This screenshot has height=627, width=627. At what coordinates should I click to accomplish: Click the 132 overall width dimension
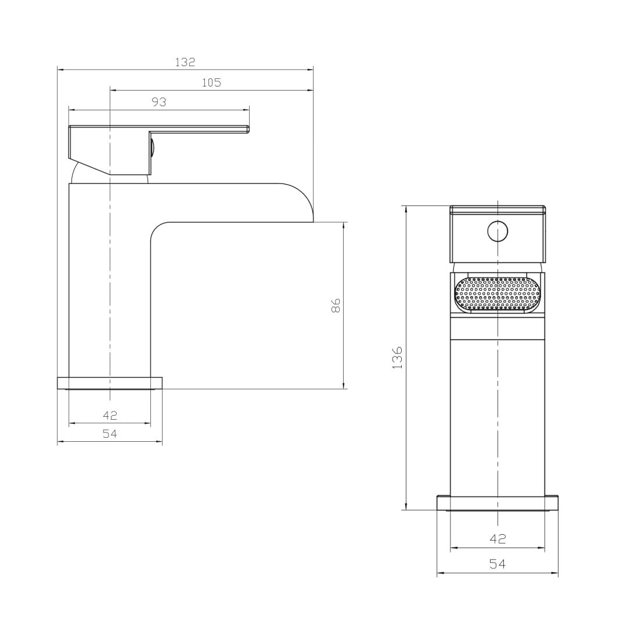[185, 62]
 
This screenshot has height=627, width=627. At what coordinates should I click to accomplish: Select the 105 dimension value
[211, 83]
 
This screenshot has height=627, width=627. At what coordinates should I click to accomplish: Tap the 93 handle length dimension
[158, 102]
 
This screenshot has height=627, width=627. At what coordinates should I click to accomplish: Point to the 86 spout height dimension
[336, 305]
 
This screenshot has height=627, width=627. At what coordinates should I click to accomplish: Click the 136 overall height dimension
[397, 358]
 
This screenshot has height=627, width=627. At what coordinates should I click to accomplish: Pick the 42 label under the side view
[110, 416]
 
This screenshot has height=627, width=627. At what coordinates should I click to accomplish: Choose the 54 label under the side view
[110, 434]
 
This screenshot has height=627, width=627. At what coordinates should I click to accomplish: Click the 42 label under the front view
[498, 539]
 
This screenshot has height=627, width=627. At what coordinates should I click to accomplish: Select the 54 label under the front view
[498, 564]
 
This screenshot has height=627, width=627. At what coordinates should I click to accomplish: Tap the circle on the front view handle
[498, 231]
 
